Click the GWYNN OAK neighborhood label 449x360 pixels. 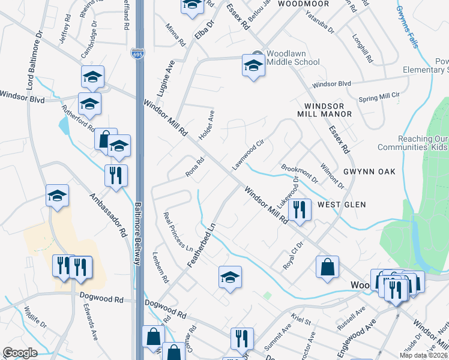(369, 172)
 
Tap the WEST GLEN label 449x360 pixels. (342, 205)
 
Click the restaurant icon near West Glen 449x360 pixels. (299, 209)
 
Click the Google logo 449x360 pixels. (20, 353)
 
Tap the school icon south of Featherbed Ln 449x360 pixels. (229, 277)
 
